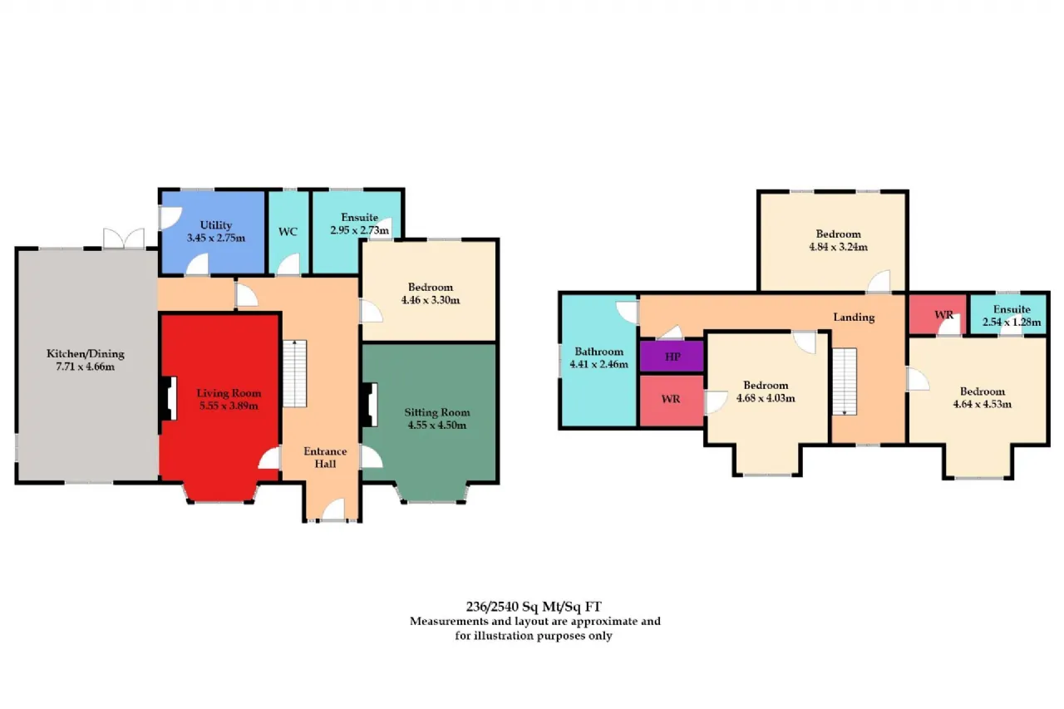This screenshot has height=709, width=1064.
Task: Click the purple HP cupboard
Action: click(x=672, y=356)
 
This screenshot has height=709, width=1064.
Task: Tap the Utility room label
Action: click(x=216, y=225)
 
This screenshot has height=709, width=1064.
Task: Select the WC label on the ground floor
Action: click(x=288, y=232)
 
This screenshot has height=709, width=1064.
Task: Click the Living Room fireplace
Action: click(x=168, y=398)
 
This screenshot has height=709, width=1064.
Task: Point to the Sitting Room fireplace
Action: click(x=370, y=405)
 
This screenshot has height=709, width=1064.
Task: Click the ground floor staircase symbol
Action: click(x=295, y=373)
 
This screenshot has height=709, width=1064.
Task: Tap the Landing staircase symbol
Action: click(x=845, y=382)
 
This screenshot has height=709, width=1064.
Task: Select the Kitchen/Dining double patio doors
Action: click(x=124, y=239)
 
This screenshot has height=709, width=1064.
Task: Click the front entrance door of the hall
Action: click(x=333, y=510)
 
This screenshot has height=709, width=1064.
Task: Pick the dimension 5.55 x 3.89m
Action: click(x=229, y=406)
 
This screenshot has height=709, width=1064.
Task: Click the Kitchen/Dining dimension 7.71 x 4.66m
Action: click(x=86, y=366)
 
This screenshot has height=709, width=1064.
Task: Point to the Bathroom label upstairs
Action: click(x=599, y=352)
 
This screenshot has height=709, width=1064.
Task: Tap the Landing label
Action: click(x=854, y=318)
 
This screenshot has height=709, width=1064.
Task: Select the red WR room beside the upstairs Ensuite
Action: click(x=938, y=314)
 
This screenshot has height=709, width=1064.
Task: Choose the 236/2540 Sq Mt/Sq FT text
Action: click(x=534, y=607)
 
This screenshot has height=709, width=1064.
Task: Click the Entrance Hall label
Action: click(x=325, y=457)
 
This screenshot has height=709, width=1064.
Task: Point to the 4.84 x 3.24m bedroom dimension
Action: click(x=839, y=247)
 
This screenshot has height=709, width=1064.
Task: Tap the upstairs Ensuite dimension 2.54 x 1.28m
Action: click(x=1012, y=322)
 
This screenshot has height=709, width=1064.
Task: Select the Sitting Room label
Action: click(x=437, y=412)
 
